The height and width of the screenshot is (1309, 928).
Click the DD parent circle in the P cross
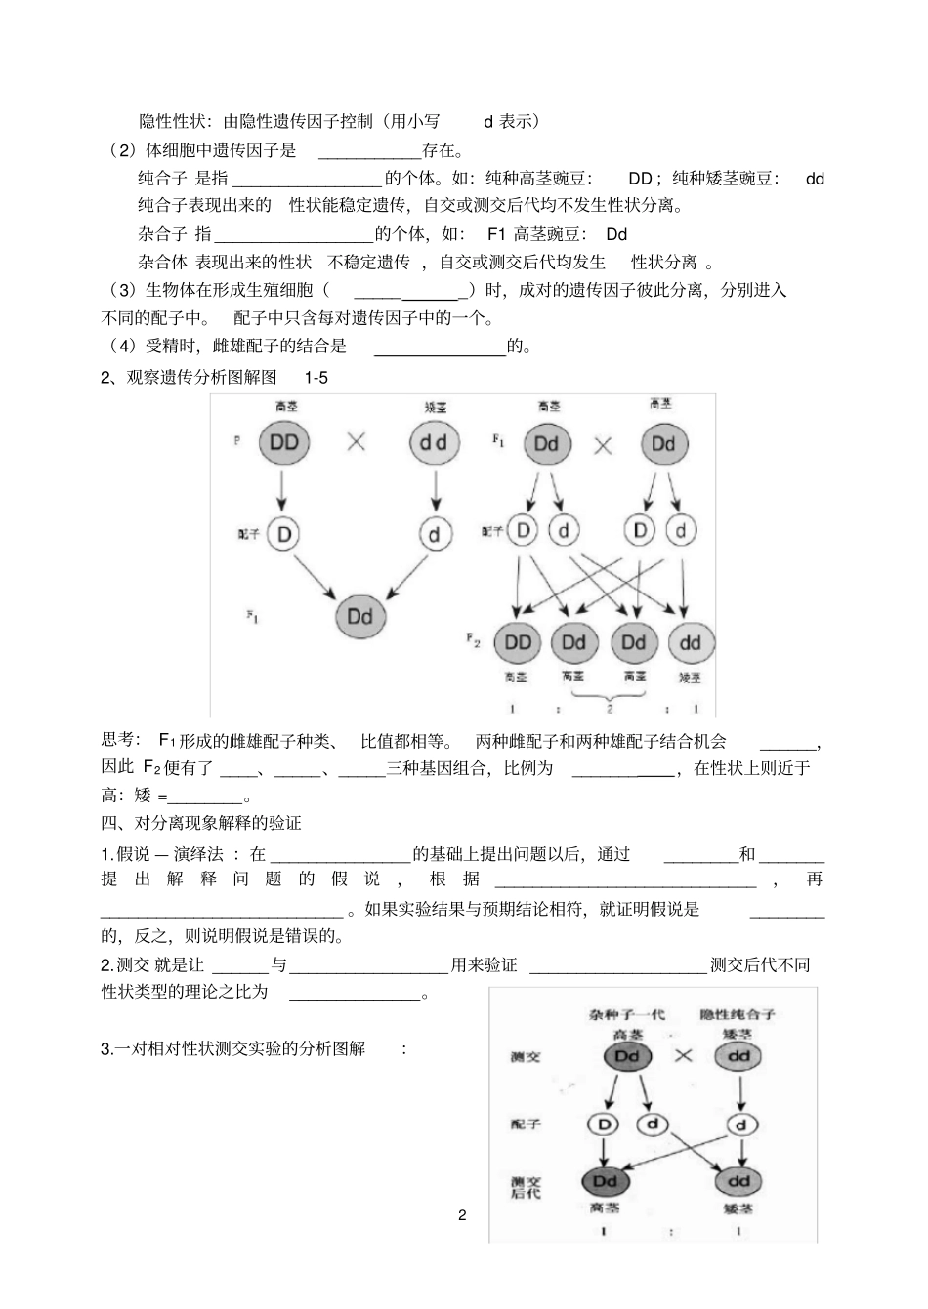point(283,442)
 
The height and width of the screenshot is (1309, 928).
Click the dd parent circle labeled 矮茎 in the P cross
point(434,442)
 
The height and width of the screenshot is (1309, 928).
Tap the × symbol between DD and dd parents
point(357,441)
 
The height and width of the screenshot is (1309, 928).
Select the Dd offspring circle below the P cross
point(359,616)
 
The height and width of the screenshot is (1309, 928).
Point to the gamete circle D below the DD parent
point(283,533)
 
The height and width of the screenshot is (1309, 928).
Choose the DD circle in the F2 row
point(518,642)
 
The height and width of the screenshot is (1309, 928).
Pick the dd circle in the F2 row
point(691,642)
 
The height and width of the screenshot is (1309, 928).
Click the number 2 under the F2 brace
point(610,708)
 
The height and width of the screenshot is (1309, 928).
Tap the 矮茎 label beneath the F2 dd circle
point(690,676)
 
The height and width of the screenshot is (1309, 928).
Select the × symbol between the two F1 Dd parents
point(604,446)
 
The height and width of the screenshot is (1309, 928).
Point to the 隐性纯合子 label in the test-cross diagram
point(744,1015)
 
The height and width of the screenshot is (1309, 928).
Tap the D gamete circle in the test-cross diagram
point(604,1125)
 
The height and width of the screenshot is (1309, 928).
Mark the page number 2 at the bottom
point(462,1215)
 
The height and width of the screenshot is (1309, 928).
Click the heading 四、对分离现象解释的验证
point(201,824)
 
